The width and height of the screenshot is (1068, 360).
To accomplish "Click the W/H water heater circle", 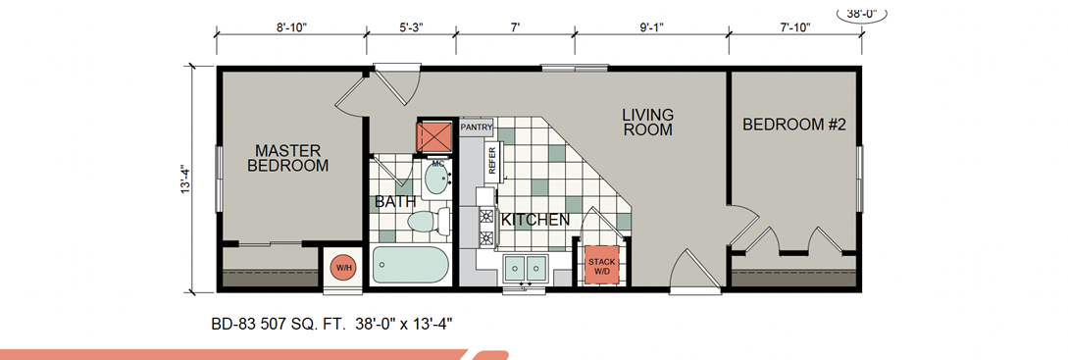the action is click(x=342, y=267).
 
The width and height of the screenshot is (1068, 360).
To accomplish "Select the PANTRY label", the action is click(x=476, y=128).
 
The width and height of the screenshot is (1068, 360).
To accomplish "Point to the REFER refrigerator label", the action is click(x=491, y=160).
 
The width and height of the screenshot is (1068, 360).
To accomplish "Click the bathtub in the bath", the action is click(x=411, y=266).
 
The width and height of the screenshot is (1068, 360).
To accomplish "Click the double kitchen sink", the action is click(x=525, y=267).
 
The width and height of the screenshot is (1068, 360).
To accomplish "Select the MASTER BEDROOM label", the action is click(x=288, y=158).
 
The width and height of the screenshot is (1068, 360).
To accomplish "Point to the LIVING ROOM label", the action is click(x=647, y=122).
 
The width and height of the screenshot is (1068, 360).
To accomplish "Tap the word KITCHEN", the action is click(x=535, y=221).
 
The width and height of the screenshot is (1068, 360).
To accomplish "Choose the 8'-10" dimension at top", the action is click(x=291, y=27).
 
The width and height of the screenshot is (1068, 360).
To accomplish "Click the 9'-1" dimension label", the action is click(x=651, y=27).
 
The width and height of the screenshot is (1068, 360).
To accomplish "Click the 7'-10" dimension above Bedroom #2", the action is click(x=794, y=27).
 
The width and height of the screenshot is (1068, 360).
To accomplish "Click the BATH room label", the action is click(x=390, y=202).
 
